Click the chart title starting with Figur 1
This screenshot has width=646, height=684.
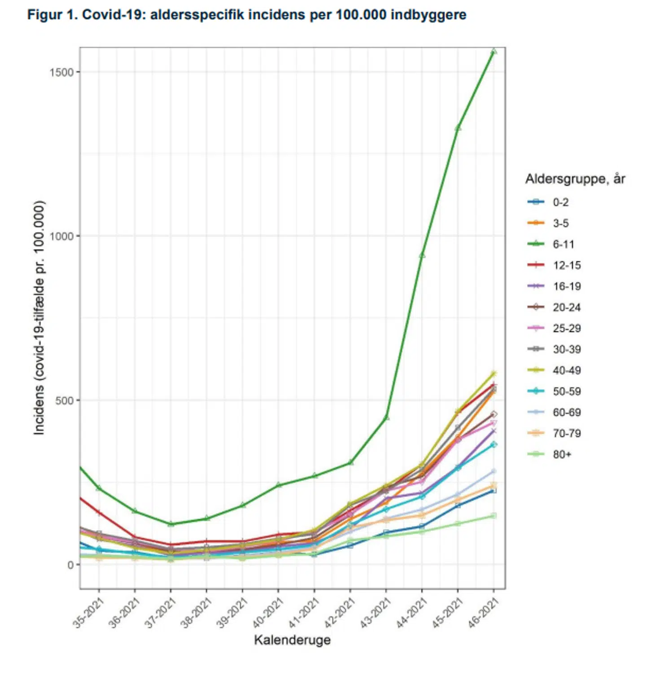click(247, 15)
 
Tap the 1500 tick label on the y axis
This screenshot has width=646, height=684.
click(61, 72)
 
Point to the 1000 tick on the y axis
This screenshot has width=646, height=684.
click(61, 236)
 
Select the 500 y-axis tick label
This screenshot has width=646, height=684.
click(64, 400)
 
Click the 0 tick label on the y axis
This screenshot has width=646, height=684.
click(70, 565)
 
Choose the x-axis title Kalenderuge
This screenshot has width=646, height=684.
click(292, 640)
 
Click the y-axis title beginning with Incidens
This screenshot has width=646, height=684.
click(39, 318)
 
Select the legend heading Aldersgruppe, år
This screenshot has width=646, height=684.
click(575, 179)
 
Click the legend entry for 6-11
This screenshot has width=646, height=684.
click(563, 244)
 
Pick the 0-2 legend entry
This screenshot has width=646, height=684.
click(560, 202)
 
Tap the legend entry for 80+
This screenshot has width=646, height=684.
click(562, 454)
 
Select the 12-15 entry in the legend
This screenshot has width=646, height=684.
click(567, 265)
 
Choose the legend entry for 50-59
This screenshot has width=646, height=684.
click(567, 391)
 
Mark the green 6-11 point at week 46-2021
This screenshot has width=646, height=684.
click(493, 51)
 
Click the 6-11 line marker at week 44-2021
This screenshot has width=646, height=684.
click(422, 255)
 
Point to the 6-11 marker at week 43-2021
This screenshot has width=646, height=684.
click(386, 418)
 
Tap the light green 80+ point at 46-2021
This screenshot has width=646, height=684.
click(493, 516)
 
